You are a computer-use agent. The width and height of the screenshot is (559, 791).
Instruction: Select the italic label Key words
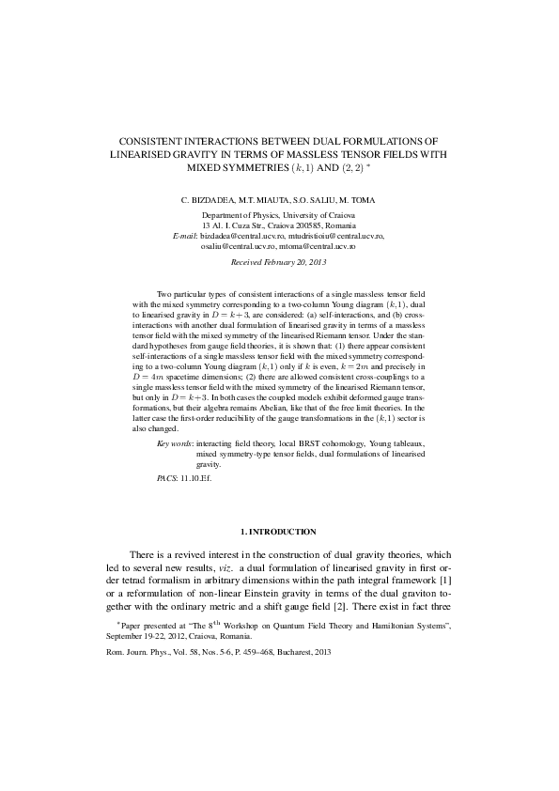[x=175, y=442]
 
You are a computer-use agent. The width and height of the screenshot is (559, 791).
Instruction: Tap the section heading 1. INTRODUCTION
[x=278, y=532]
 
